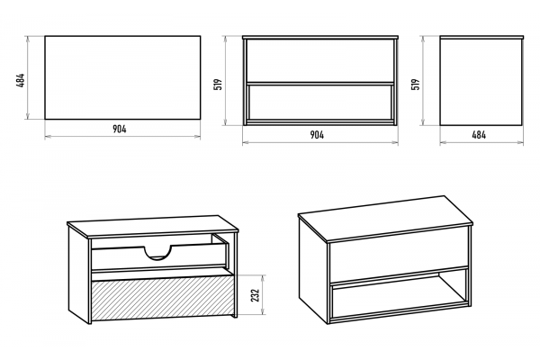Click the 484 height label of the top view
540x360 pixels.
point(21,81)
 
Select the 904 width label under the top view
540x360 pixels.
point(120,129)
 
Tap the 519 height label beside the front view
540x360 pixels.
point(218,85)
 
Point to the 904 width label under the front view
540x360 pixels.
point(317,135)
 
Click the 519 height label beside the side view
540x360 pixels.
point(416,85)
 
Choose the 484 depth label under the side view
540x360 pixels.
point(479,135)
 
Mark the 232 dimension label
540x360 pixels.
point(256,295)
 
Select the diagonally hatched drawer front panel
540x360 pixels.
point(162,297)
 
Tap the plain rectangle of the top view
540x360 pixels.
point(122,77)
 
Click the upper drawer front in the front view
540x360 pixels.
point(320,60)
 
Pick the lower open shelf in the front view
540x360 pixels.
point(320,103)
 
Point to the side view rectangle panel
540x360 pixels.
point(481,82)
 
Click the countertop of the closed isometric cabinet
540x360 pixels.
point(385,218)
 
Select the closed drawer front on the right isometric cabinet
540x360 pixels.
point(399,256)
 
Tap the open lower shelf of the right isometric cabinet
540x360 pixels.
point(400,296)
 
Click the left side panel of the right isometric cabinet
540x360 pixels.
point(312,270)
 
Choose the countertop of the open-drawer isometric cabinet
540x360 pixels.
point(153,226)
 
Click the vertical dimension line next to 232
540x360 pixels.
point(264,295)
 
